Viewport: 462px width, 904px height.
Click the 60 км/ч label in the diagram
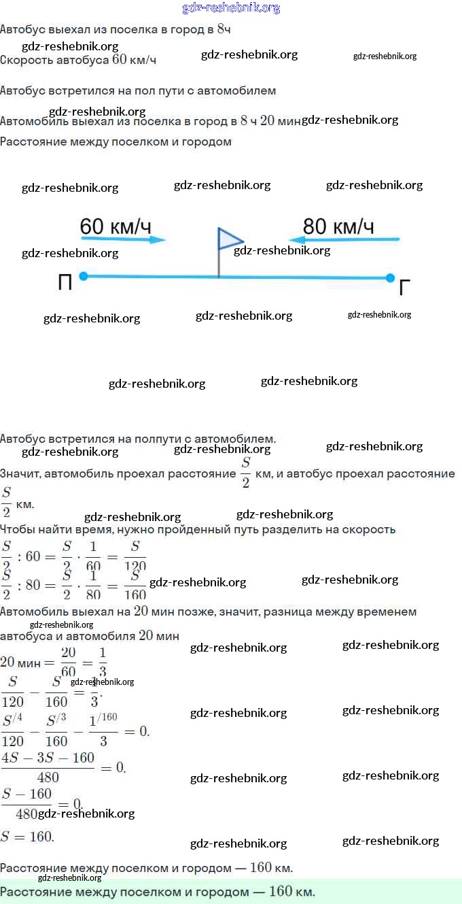pos(115,227)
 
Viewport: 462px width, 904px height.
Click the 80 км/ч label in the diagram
pos(338,227)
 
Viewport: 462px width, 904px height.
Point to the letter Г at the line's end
pos(405,288)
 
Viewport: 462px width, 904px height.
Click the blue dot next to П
pos(84,275)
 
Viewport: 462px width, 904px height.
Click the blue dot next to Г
pos(390,278)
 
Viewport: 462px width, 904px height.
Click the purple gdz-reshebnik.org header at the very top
pos(231,8)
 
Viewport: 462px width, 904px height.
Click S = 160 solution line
pos(27,837)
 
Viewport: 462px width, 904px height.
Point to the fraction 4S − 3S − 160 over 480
pos(48,767)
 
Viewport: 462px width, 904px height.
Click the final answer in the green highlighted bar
pos(158,892)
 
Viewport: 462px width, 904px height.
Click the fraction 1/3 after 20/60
pos(103,662)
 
